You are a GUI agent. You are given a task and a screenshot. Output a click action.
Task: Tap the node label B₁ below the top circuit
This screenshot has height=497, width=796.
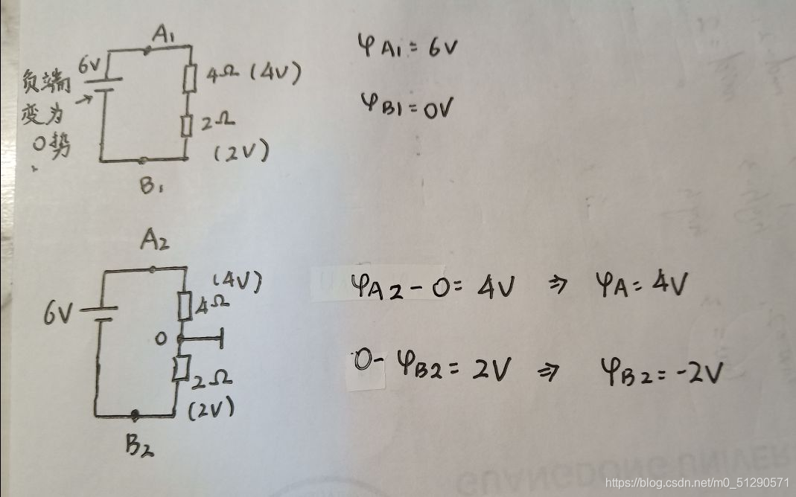(151, 186)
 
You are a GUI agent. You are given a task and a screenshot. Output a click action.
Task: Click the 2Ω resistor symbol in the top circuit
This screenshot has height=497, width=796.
(187, 124)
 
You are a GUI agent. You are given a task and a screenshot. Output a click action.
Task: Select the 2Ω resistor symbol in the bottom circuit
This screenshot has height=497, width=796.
(179, 368)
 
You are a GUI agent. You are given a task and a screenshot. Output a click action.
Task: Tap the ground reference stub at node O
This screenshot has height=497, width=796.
(204, 340)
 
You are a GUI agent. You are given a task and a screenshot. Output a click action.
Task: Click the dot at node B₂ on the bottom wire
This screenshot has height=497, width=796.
(136, 414)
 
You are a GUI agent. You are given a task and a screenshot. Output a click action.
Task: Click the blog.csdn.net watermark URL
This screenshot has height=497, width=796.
(698, 483)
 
